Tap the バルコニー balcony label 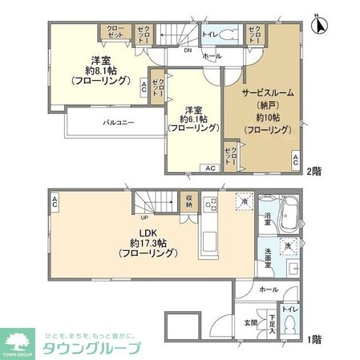(118, 123)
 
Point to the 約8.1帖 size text (100, 69)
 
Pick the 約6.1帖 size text (192, 123)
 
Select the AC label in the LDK (54, 202)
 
